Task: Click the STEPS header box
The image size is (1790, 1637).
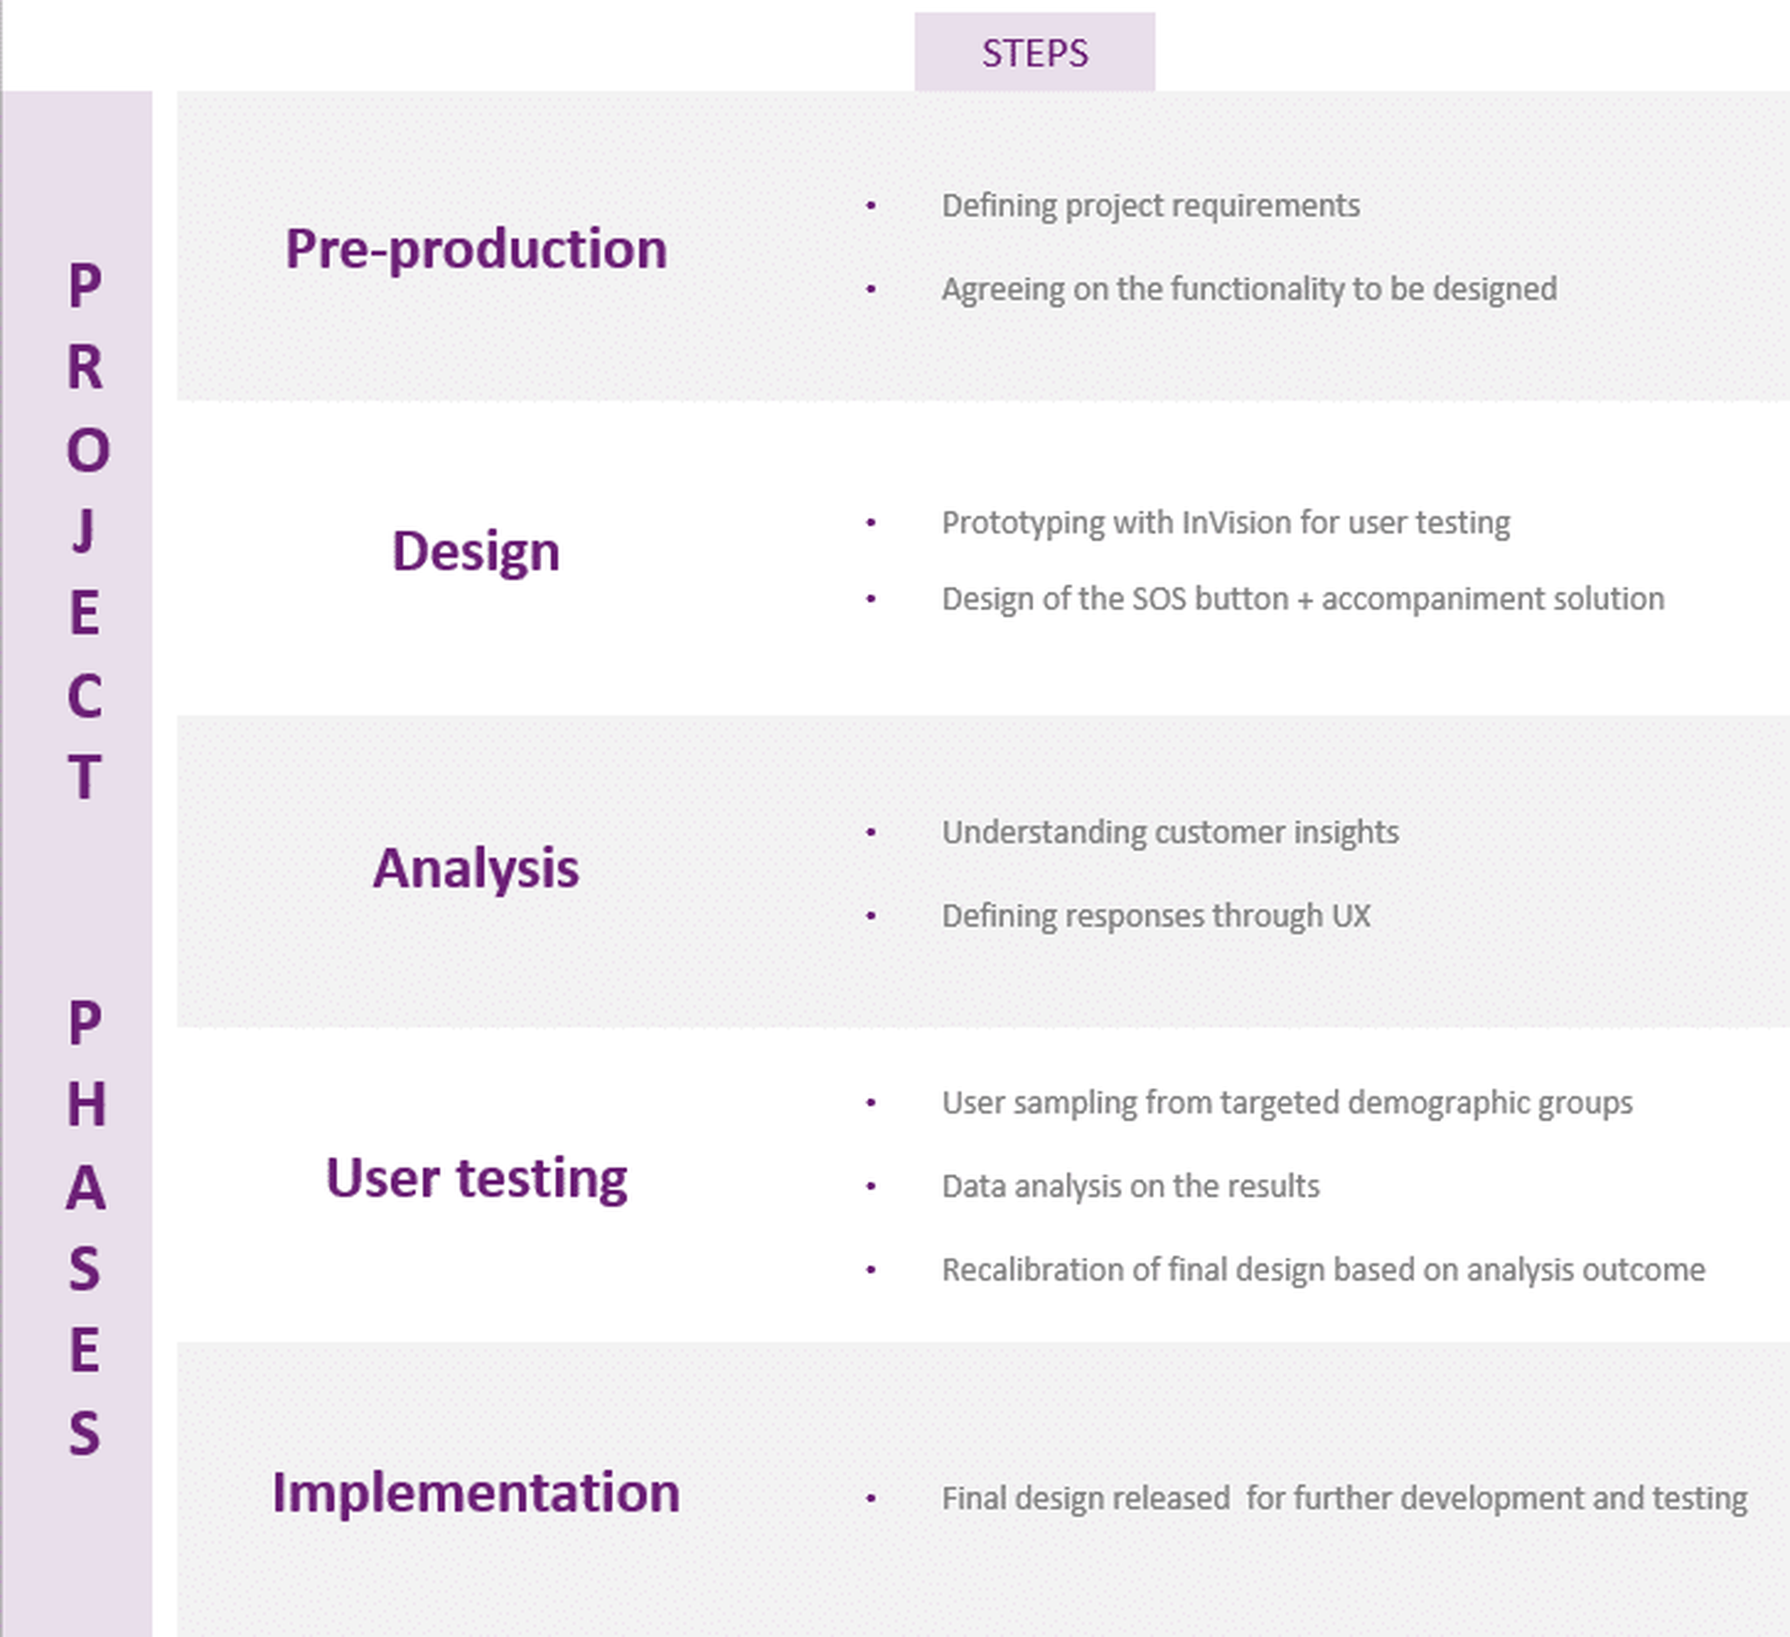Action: (1034, 52)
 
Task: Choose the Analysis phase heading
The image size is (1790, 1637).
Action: (476, 868)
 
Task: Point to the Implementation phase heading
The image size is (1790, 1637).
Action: (476, 1493)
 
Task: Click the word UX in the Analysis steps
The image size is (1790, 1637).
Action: (1350, 916)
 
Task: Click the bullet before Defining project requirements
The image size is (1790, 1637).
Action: (871, 206)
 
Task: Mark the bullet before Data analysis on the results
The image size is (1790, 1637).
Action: (871, 1187)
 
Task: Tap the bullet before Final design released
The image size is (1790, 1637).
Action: (871, 1499)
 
